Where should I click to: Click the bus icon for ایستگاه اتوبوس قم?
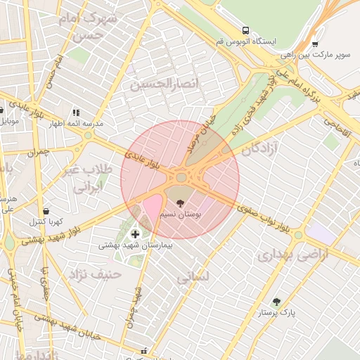(x=245, y=30)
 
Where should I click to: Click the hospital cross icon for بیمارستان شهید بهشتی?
(x=136, y=233)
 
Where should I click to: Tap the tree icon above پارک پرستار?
(x=276, y=301)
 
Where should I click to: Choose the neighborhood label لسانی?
(x=193, y=277)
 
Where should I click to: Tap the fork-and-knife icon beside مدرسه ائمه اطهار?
(x=76, y=112)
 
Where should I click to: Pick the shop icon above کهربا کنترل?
(x=46, y=211)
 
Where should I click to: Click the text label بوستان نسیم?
(x=181, y=213)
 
